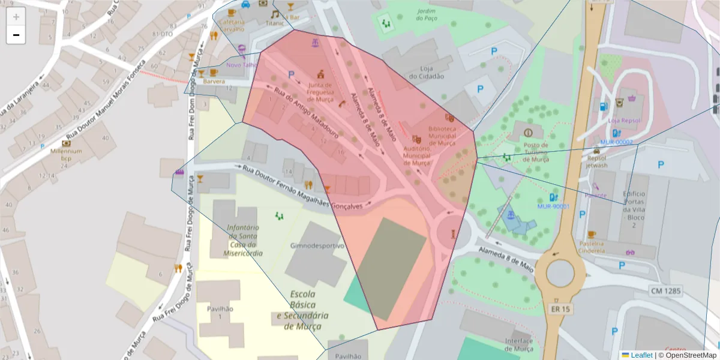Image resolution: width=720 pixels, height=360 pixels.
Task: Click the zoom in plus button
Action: click(x=16, y=17)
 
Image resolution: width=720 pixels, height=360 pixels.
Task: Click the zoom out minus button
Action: click(x=16, y=35)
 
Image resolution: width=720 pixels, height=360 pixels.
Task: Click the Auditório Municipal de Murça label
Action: click(x=416, y=155)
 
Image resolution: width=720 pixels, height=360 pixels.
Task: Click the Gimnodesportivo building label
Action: click(x=317, y=246)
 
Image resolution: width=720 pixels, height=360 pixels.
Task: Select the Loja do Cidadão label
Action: click(x=427, y=72)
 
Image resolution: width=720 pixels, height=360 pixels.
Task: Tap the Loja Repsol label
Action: click(x=624, y=120)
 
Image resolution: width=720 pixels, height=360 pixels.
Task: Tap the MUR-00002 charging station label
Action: click(x=616, y=142)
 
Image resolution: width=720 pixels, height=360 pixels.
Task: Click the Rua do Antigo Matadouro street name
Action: click(x=306, y=114)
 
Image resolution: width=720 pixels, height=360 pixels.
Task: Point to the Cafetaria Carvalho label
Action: click(x=232, y=25)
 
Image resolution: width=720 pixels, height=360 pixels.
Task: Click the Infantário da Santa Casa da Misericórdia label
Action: click(x=242, y=241)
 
